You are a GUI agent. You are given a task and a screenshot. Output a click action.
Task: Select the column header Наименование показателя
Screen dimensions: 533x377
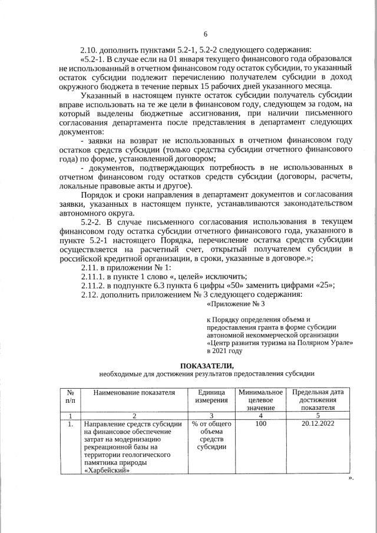point(130,392)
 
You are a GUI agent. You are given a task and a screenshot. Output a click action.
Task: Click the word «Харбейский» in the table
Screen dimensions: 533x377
point(107,470)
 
